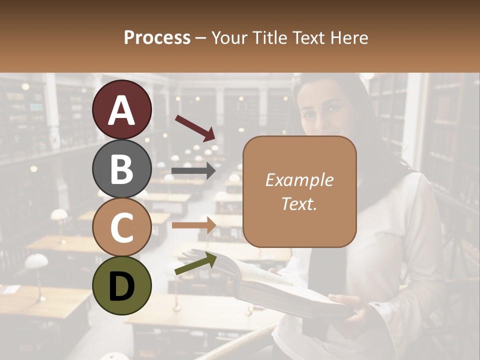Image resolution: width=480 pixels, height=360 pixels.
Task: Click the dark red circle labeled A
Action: click(122, 109)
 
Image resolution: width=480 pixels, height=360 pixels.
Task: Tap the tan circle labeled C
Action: click(122, 227)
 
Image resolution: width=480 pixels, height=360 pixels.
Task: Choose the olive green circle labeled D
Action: click(122, 285)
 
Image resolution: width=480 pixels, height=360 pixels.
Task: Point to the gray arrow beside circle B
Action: click(193, 171)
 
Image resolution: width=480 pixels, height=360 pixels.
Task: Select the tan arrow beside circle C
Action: click(194, 225)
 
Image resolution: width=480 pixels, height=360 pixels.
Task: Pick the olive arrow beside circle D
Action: click(195, 263)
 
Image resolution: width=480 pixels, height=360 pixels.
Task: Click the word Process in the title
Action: click(157, 37)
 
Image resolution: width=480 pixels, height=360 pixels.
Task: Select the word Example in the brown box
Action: click(299, 180)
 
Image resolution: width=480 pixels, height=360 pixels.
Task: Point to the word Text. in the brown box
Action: click(299, 203)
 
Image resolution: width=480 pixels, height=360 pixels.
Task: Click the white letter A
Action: click(122, 110)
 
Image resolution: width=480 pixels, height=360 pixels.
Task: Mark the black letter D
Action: click(122, 286)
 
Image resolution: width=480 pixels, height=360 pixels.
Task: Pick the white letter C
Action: click(122, 227)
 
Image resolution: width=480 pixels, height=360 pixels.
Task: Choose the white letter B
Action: click(122, 168)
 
